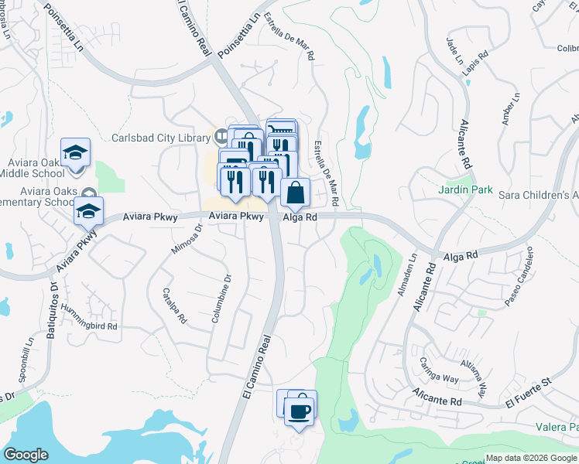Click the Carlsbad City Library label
160,138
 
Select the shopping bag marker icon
296,193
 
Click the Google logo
26,455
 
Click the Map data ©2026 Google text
531,458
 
